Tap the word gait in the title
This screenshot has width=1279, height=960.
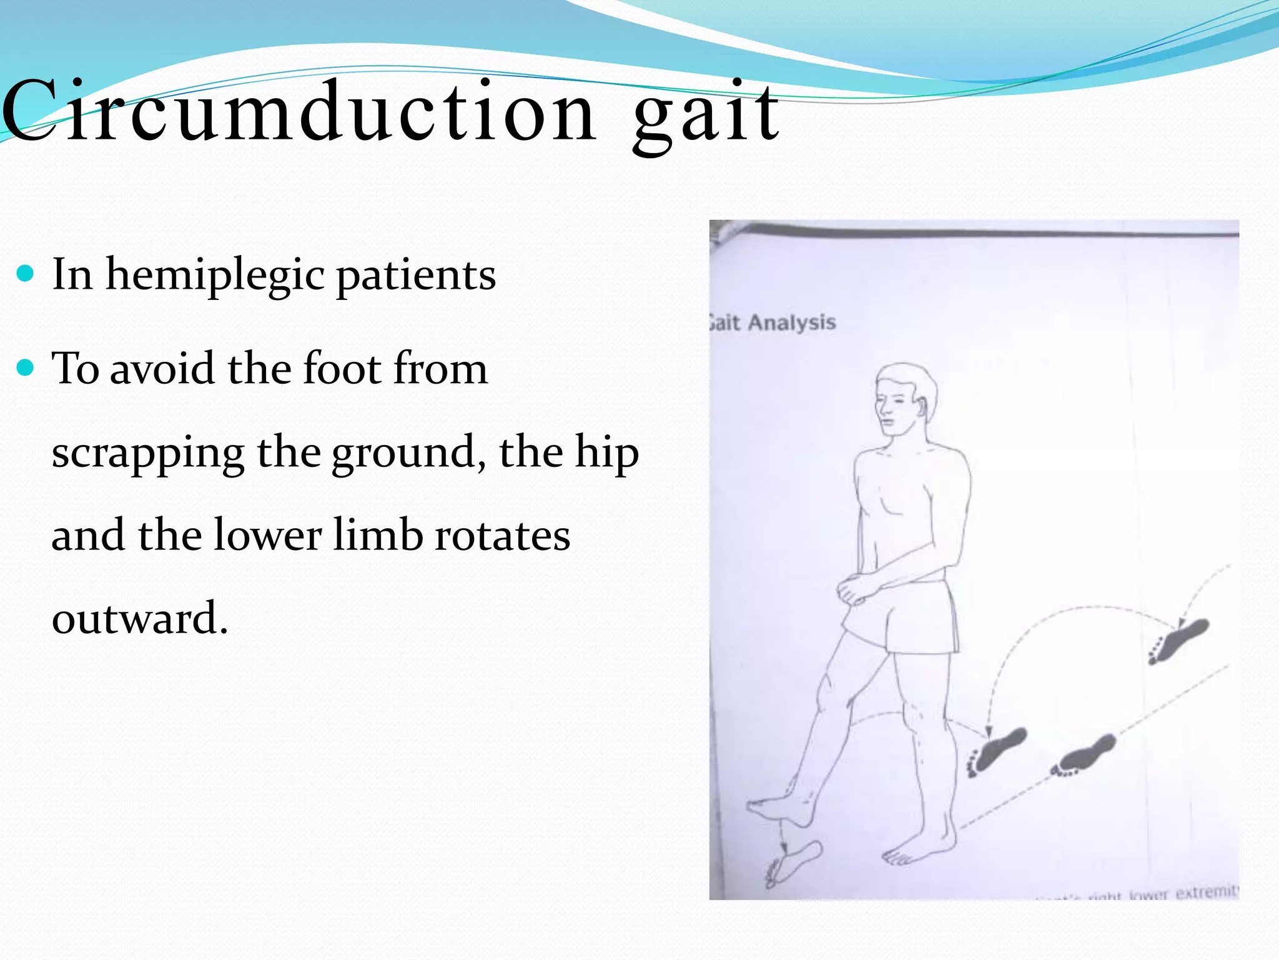click(x=706, y=116)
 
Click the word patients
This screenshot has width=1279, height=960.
click(x=416, y=275)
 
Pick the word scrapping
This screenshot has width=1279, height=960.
click(x=148, y=453)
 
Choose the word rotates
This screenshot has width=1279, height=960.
click(x=502, y=536)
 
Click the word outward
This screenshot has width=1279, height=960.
click(x=139, y=618)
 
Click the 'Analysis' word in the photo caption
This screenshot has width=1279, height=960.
click(x=792, y=322)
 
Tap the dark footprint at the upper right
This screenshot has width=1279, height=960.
click(x=1178, y=641)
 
